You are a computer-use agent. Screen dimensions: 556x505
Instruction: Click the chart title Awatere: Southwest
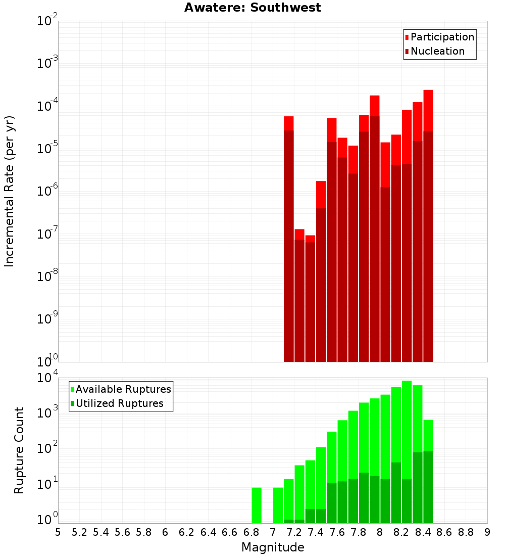pos(252,8)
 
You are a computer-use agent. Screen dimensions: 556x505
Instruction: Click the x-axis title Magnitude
pos(273,547)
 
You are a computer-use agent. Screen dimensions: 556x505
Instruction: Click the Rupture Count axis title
pos(19,450)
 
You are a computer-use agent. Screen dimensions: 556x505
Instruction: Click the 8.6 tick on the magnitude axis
pos(444,532)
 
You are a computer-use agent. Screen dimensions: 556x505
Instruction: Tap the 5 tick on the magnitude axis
pos(58,532)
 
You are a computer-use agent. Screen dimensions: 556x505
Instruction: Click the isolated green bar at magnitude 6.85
pos(257,505)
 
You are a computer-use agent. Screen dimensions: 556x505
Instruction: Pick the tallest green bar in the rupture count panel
pos(407,430)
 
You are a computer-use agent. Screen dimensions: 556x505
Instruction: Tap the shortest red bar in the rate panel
pos(310,298)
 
